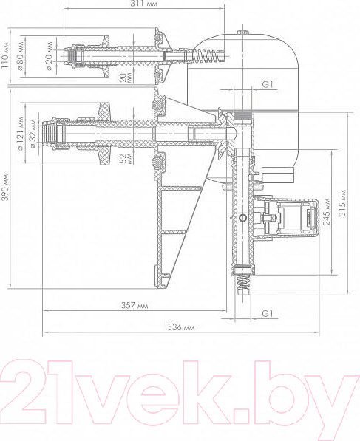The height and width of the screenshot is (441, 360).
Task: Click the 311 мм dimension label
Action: tap(143, 4)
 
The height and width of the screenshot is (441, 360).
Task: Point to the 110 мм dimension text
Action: tap(4, 55)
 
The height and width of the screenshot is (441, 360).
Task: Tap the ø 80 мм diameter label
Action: tap(21, 55)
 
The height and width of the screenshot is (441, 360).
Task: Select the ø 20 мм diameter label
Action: tap(49, 56)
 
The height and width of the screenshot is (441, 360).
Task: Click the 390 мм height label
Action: tap(5, 188)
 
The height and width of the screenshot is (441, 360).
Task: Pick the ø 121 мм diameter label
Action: tap(21, 134)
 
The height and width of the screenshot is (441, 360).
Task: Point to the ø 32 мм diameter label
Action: tap(33, 134)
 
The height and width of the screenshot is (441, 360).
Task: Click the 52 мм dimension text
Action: tap(126, 158)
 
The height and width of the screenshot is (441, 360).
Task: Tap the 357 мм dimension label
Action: tap(135, 305)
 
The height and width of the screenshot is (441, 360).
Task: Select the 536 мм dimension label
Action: tap(180, 327)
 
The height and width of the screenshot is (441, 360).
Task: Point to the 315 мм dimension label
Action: tap(342, 203)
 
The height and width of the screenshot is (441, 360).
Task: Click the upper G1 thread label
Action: tap(268, 84)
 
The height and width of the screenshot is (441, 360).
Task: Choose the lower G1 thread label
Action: tap(268, 313)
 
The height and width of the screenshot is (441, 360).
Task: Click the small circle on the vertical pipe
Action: tap(242, 218)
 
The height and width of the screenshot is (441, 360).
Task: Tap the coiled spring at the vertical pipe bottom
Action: tap(243, 284)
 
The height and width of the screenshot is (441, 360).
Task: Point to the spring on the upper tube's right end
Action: tap(208, 55)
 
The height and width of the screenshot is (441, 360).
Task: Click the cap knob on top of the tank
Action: tap(242, 33)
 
